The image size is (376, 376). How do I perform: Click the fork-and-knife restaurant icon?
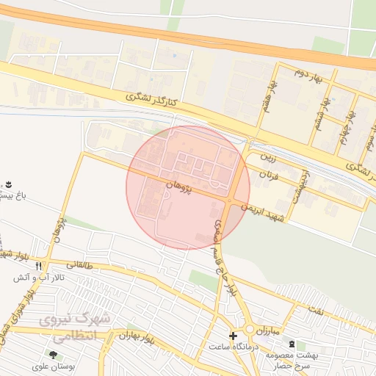tap(38, 266)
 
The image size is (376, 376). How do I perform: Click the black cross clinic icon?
tap(234, 336)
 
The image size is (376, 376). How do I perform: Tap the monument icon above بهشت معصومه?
tap(293, 344)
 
